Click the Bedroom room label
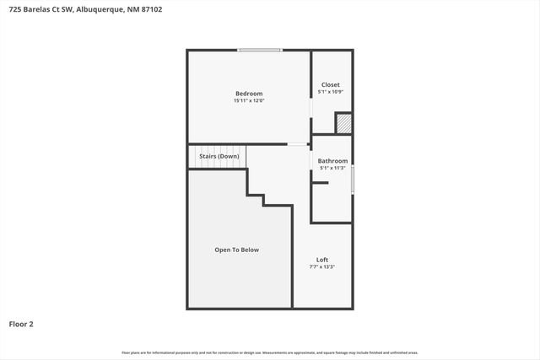coord(248,94)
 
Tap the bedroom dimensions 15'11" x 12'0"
coord(248,101)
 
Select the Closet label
coord(331,84)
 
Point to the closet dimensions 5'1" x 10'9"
coord(331,92)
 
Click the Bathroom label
coord(332,160)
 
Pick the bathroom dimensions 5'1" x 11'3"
coord(332,168)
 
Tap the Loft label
coord(322,259)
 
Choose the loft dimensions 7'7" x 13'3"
coord(322,266)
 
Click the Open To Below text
coord(237,250)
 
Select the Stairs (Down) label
coord(219,157)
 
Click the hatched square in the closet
coord(343,123)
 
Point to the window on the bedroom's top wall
coord(260,51)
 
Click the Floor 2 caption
coord(21,323)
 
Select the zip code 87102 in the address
coord(154,10)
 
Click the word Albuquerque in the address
coord(100,10)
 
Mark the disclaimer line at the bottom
coord(270,352)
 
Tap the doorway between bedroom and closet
coord(311,108)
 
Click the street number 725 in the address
coord(16,10)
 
